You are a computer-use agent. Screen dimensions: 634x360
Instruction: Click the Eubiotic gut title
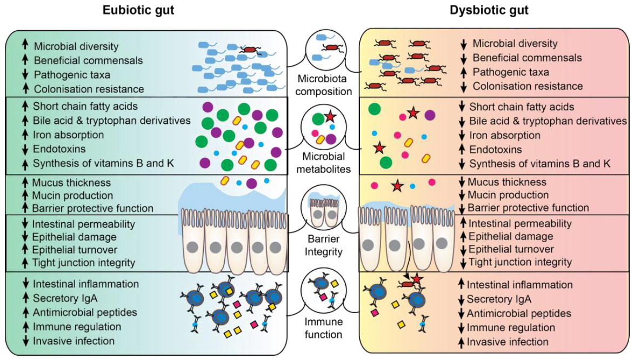point(138,10)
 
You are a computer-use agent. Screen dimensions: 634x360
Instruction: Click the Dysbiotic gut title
point(489,10)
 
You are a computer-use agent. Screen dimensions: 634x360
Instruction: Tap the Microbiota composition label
point(323,85)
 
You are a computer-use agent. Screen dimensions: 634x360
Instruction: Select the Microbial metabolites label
point(323,163)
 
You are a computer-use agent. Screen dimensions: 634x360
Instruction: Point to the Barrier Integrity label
point(323,245)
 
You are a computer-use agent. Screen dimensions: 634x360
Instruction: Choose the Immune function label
point(323,328)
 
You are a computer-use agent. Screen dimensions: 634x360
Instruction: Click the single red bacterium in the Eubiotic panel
point(250,50)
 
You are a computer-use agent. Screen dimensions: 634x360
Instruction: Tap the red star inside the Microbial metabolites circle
point(330,117)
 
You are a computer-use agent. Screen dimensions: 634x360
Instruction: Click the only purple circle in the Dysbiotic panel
point(430,115)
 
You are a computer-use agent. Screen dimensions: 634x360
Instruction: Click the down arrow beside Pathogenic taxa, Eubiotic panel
point(25,75)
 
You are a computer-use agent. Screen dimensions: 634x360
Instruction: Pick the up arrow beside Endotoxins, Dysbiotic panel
point(462,149)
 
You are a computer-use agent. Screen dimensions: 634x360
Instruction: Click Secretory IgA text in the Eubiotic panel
point(65,298)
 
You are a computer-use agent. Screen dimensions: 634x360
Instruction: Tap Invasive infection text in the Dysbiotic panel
point(508,342)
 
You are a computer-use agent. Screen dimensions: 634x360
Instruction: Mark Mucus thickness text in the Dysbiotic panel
point(507,182)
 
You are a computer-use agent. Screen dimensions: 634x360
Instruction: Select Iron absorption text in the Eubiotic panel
point(68,135)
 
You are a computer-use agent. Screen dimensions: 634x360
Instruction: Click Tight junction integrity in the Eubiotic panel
point(83,263)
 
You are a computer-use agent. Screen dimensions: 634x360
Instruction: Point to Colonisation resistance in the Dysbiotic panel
point(528,86)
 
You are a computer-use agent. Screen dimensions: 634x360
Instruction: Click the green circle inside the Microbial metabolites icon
point(318,119)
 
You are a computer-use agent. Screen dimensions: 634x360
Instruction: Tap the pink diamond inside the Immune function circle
point(323,297)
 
